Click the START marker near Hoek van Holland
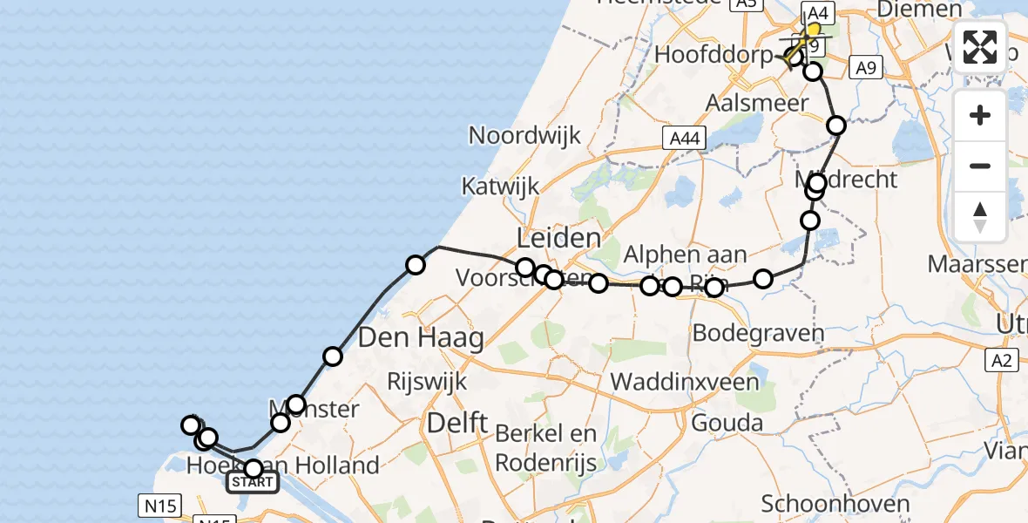252,481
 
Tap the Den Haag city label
422,337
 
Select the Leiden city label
558,238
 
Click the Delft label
457,424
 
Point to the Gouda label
727,424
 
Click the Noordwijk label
524,135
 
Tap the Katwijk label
500,186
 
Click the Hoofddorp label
713,55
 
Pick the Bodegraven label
758,332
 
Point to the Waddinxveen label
684,381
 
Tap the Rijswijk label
429,381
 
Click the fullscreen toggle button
980,47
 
